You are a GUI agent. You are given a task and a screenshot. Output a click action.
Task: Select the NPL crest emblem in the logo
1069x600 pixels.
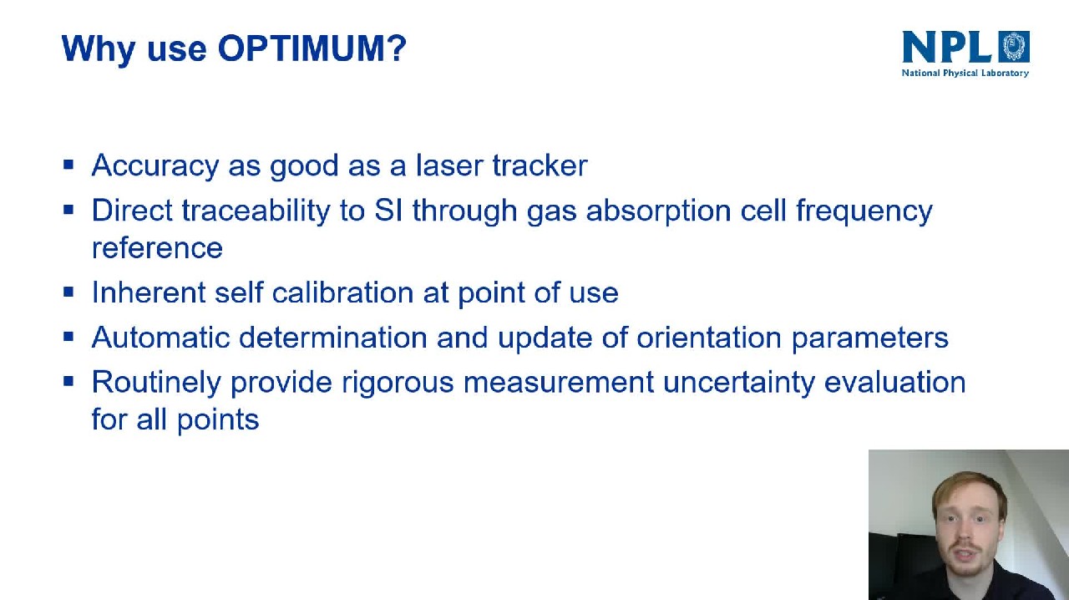click(x=1015, y=46)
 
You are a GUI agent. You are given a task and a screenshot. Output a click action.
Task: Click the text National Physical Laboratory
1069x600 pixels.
click(x=965, y=73)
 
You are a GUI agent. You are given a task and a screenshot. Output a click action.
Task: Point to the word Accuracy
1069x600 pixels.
click(x=155, y=165)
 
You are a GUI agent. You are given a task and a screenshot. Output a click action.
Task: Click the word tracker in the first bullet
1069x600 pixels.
click(x=540, y=165)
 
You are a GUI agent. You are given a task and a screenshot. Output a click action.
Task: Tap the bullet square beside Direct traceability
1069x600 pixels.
click(x=68, y=210)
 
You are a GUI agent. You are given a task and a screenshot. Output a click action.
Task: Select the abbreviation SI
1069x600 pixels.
click(x=388, y=211)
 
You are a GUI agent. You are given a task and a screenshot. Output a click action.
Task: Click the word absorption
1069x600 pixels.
click(x=659, y=211)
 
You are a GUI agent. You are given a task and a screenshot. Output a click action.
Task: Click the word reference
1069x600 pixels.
click(x=157, y=248)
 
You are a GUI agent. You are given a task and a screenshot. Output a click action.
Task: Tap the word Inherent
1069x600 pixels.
click(x=149, y=292)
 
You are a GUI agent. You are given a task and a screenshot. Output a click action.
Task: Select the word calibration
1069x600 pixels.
click(x=342, y=292)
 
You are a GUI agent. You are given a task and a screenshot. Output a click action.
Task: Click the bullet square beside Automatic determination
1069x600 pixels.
click(x=68, y=337)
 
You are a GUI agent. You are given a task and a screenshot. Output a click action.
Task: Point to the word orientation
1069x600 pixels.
click(x=709, y=338)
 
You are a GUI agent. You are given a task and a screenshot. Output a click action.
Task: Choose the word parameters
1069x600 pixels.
click(x=870, y=338)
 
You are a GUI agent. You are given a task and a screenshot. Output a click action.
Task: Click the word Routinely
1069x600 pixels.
click(x=156, y=383)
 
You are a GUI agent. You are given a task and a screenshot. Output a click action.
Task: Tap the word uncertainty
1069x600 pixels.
click(x=739, y=383)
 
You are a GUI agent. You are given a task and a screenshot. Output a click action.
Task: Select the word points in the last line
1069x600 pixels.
click(x=218, y=419)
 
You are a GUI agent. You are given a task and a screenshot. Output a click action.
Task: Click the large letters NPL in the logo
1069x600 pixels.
click(x=947, y=47)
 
